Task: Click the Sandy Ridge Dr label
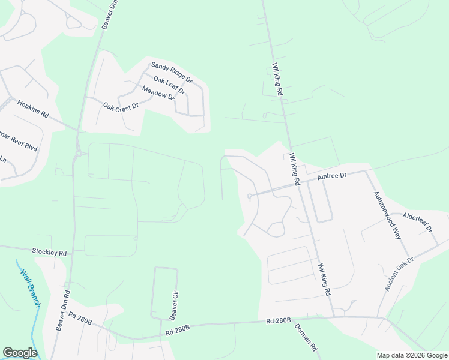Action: coord(172,71)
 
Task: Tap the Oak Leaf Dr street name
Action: coord(169,85)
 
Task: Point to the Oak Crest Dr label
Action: coord(121,106)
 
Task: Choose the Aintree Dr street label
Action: coord(332,175)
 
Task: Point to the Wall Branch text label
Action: coord(31,289)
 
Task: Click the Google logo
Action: coord(20,353)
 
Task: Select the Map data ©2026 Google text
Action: coord(411,355)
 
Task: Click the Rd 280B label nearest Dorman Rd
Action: coord(279,322)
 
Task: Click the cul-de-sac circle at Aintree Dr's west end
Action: coord(249,196)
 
